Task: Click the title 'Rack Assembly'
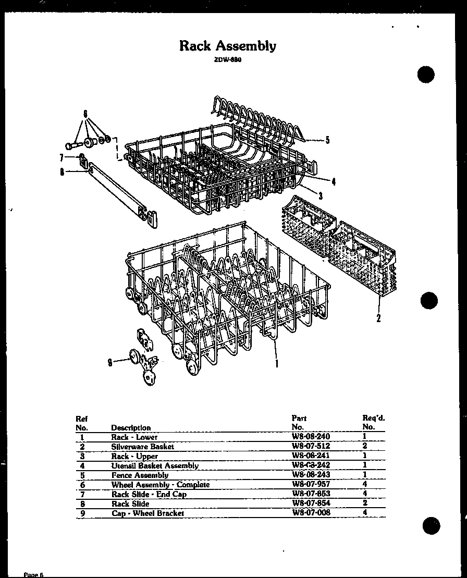coord(228,46)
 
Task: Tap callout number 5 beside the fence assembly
coord(327,140)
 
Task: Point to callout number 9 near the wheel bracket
coord(110,363)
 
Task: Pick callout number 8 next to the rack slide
coord(62,173)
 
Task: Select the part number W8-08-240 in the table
coord(311,437)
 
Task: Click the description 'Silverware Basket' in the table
coord(142,446)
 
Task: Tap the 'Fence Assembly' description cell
coord(140,475)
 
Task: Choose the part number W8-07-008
coord(311,512)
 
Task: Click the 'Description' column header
coord(131,427)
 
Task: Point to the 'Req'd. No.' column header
coord(373,422)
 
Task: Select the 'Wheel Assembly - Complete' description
coord(160,484)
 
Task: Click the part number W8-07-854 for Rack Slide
coord(311,503)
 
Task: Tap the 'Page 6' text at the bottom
coord(34,574)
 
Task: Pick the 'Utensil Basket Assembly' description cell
coord(155,465)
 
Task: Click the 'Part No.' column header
coord(299,422)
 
